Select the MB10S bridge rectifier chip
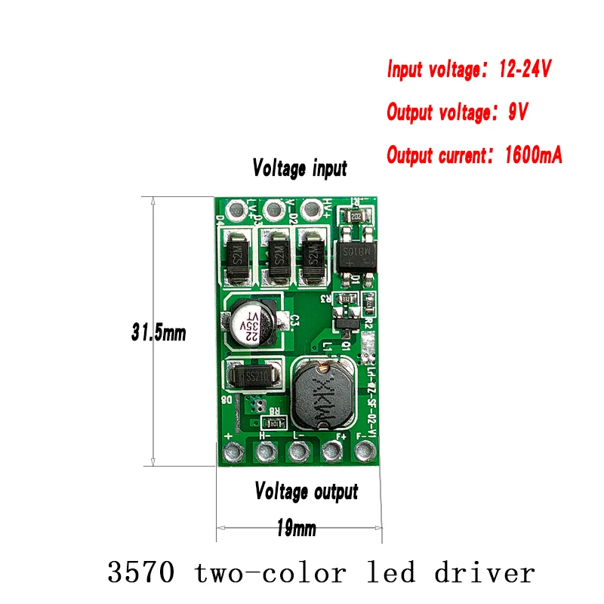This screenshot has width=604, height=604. coord(354,254)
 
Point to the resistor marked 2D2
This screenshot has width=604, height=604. coord(356,217)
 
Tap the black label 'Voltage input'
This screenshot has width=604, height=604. coord(300,168)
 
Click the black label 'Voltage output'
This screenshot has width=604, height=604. coord(306,493)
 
